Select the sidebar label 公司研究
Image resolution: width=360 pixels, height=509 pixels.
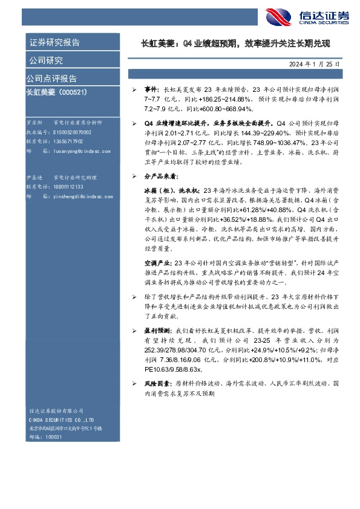click(46, 60)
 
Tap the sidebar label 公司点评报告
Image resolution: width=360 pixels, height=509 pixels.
click(51, 79)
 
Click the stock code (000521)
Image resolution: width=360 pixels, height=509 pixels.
click(75, 91)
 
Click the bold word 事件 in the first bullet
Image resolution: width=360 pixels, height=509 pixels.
click(151, 89)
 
